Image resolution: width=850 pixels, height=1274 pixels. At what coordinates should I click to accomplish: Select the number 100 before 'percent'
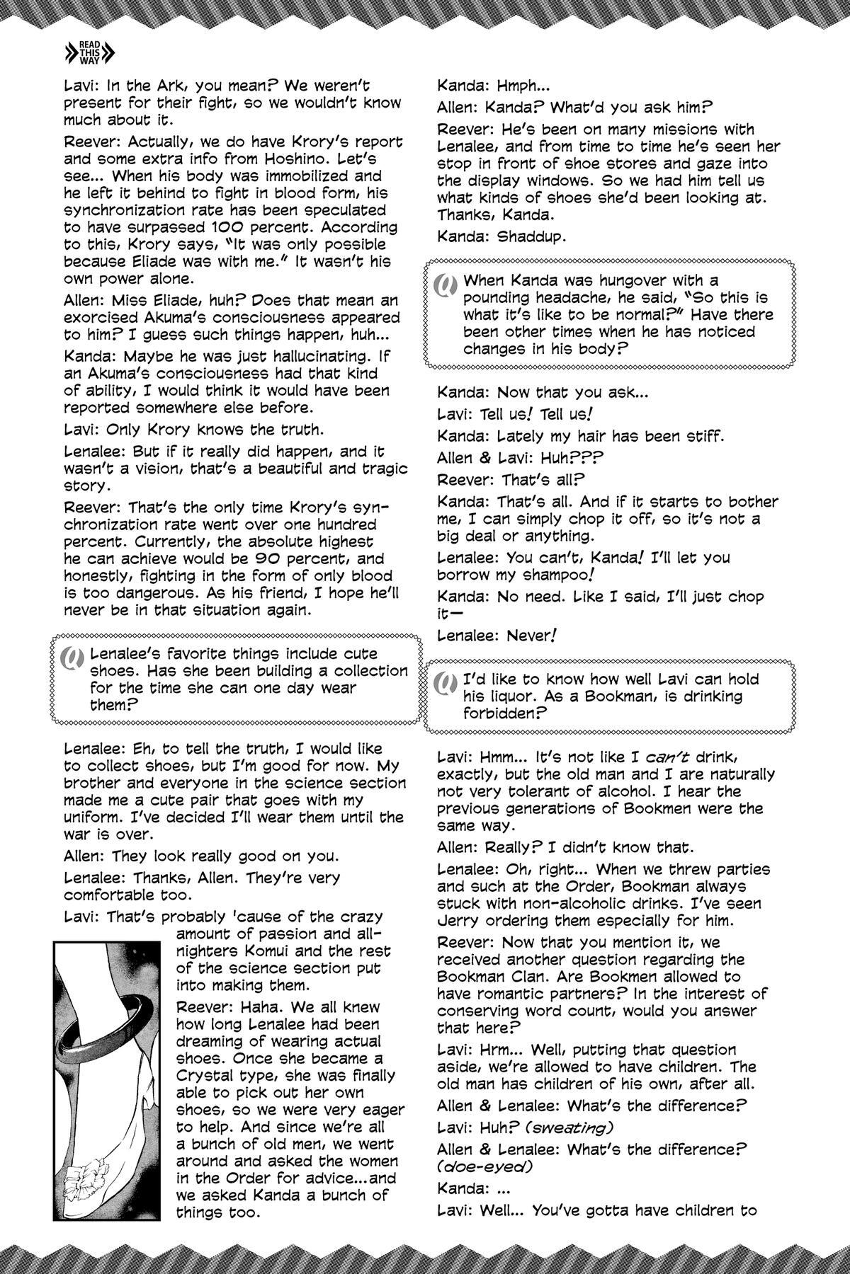pyautogui.click(x=234, y=226)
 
